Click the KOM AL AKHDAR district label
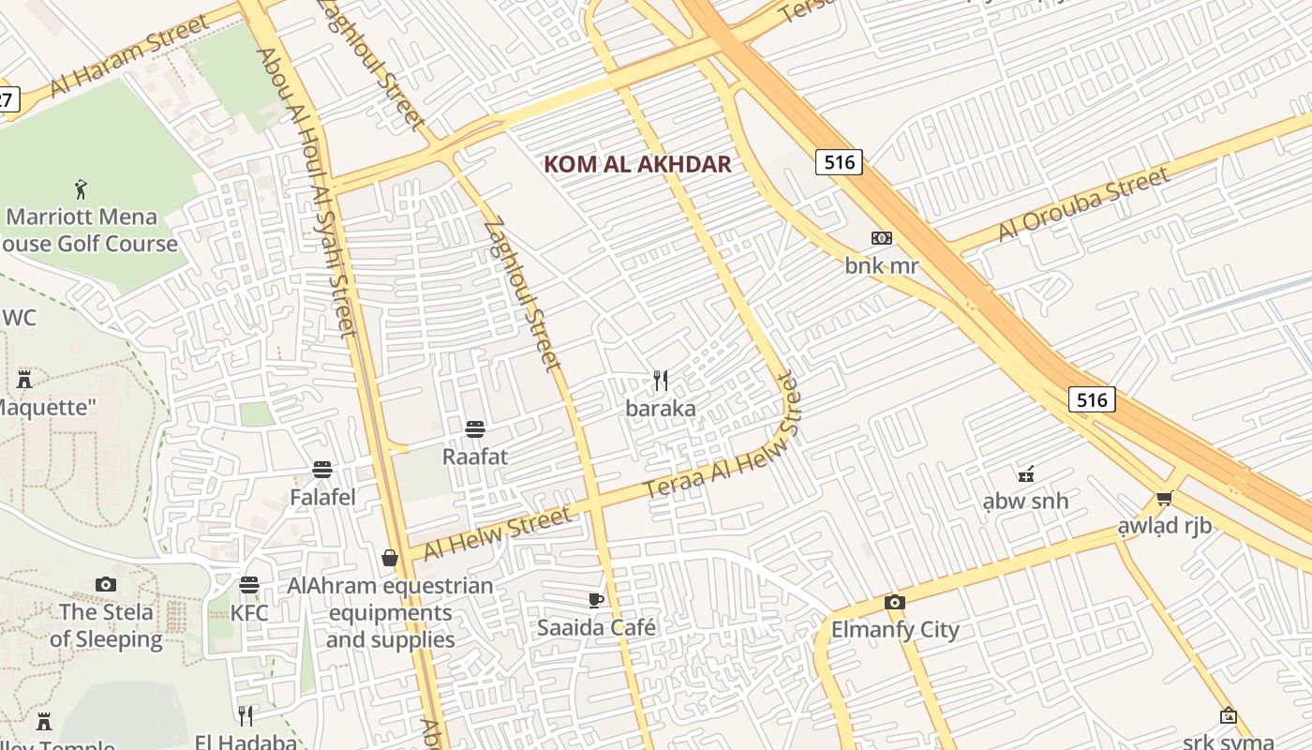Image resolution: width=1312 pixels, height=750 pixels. pyautogui.click(x=637, y=165)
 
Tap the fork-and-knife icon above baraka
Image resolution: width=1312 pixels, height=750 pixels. pyautogui.click(x=661, y=381)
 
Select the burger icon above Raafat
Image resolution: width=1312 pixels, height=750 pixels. pyautogui.click(x=475, y=429)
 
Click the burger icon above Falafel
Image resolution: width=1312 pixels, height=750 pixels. pyautogui.click(x=322, y=469)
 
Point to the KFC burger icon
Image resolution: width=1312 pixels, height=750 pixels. pyautogui.click(x=248, y=585)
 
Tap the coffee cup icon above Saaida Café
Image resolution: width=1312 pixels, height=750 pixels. pyautogui.click(x=595, y=600)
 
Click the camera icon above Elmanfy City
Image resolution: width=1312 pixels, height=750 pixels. pyautogui.click(x=895, y=602)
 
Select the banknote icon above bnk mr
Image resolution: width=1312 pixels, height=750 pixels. pyautogui.click(x=881, y=238)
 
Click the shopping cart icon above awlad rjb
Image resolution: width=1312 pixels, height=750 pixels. pyautogui.click(x=1164, y=499)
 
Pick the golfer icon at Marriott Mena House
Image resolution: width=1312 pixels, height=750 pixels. pyautogui.click(x=82, y=189)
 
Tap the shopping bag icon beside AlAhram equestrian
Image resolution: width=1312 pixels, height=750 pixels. pyautogui.click(x=390, y=559)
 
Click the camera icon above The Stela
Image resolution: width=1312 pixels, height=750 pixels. pyautogui.click(x=106, y=585)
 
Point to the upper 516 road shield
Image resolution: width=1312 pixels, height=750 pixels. pyautogui.click(x=838, y=162)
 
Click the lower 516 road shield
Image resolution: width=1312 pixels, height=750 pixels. pyautogui.click(x=1092, y=400)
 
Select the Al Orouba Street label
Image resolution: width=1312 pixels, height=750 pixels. pyautogui.click(x=1083, y=203)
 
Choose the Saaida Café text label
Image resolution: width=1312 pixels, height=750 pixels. pyautogui.click(x=596, y=627)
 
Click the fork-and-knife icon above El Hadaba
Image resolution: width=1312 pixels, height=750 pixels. pyautogui.click(x=245, y=715)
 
